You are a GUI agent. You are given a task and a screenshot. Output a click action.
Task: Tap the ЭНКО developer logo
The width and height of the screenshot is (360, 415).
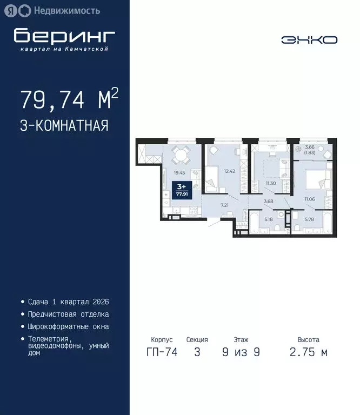point(309,40)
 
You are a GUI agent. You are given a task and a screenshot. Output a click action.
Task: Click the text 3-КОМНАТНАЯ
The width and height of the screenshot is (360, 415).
point(64,126)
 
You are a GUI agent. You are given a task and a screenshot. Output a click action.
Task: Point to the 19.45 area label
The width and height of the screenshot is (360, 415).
point(179,173)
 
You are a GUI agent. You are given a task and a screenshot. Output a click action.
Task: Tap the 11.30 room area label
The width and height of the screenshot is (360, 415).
point(271,184)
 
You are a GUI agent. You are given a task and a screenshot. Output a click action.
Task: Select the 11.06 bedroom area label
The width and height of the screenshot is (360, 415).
point(310,200)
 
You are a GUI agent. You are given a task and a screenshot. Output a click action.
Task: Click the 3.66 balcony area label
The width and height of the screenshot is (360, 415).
point(310,150)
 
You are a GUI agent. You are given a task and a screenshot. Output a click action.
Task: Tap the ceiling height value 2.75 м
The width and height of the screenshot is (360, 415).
point(309,353)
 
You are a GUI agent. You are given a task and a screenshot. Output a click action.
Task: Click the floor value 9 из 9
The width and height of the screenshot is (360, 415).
point(241,353)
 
